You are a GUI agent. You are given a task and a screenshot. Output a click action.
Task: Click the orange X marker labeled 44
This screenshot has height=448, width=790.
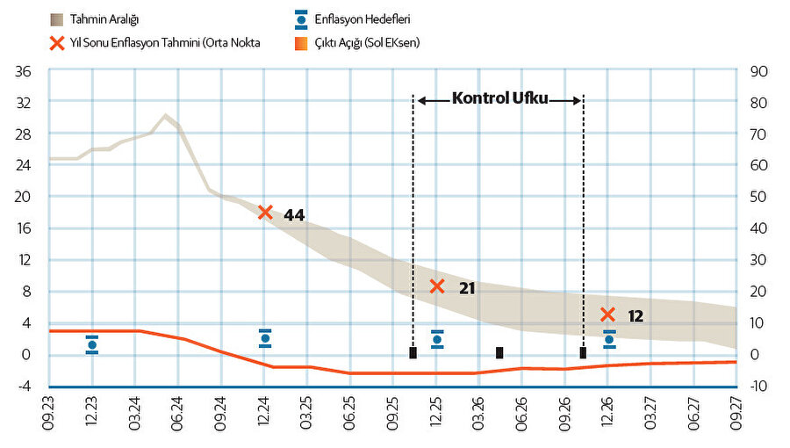(x=266, y=212)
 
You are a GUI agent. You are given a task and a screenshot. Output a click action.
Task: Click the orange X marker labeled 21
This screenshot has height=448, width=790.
(x=437, y=286)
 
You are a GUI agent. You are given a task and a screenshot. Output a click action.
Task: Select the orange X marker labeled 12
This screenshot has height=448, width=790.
(x=607, y=314)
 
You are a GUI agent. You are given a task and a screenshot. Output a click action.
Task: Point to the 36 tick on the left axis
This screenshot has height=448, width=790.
(x=24, y=70)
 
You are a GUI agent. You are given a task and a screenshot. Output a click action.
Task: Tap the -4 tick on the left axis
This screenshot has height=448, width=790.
(x=24, y=387)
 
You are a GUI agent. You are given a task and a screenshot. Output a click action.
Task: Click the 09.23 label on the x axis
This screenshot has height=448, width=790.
(x=49, y=414)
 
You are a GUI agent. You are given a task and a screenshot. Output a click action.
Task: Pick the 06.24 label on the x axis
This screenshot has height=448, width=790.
(x=178, y=414)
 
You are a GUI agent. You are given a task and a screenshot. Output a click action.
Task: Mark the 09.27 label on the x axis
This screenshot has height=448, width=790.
(x=736, y=414)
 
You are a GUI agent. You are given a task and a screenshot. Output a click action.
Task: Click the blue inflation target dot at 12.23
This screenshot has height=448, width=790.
(x=92, y=345)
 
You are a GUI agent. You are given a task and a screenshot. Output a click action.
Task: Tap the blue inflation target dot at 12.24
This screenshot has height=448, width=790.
(x=265, y=338)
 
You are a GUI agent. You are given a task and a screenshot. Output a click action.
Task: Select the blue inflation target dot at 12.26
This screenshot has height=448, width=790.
(x=609, y=339)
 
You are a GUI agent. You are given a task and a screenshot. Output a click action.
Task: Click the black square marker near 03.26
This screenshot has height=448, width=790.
(x=499, y=352)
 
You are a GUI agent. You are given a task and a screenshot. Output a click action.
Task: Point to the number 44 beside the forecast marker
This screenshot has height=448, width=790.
(x=294, y=214)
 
